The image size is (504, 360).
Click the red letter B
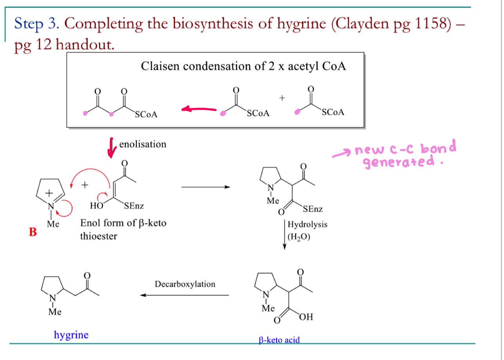click(x=33, y=232)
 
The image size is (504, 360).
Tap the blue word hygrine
click(x=71, y=335)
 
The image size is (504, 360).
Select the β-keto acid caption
click(x=279, y=340)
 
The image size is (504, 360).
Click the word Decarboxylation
click(x=185, y=284)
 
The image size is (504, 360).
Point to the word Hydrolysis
click(x=307, y=225)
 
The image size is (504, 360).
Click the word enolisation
click(x=143, y=144)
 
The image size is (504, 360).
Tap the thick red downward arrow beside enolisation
click(x=112, y=148)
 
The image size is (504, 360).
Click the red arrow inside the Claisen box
click(x=199, y=109)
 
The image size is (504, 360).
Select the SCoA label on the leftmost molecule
click(x=146, y=115)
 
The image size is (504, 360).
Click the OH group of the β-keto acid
click(x=306, y=317)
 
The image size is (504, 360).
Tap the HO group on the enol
click(x=97, y=206)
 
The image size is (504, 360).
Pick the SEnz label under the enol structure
click(x=134, y=206)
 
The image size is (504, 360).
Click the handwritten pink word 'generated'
click(x=399, y=162)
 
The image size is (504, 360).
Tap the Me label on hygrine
click(x=55, y=312)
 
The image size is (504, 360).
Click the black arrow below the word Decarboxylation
click(x=185, y=295)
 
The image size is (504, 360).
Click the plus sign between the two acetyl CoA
click(x=282, y=98)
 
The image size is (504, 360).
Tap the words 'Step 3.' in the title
click(x=37, y=23)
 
